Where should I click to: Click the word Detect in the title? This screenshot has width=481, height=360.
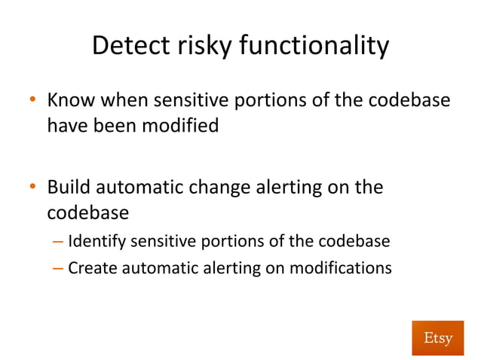[130, 47]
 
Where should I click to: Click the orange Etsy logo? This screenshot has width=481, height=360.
[437, 337]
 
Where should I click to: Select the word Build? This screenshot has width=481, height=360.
[69, 187]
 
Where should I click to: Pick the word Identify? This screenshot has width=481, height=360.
[97, 242]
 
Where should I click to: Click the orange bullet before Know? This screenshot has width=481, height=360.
[33, 100]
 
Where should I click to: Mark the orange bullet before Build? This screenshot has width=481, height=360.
[33, 187]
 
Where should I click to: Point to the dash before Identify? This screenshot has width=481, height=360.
[59, 242]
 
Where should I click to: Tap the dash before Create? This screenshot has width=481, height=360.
[59, 267]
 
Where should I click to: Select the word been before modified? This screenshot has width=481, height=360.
[115, 125]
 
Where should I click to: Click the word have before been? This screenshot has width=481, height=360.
[69, 125]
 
